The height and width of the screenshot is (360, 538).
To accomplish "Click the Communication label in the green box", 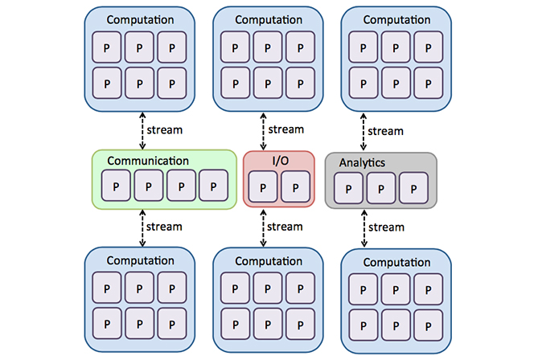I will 148,161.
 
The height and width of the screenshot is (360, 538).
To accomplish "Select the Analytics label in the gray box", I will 362,163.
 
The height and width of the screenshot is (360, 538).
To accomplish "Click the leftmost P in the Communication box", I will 116,186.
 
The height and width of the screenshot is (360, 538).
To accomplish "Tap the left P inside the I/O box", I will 263,188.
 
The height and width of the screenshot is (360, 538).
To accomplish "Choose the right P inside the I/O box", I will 294,188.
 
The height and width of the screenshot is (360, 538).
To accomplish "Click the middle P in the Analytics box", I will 380,189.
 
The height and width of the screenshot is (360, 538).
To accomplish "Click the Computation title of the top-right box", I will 396,18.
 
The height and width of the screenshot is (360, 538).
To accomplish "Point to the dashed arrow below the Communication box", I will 143,228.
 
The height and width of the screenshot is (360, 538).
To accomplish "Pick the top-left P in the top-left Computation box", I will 107,48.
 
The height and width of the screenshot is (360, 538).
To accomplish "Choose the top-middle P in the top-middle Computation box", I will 268,48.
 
